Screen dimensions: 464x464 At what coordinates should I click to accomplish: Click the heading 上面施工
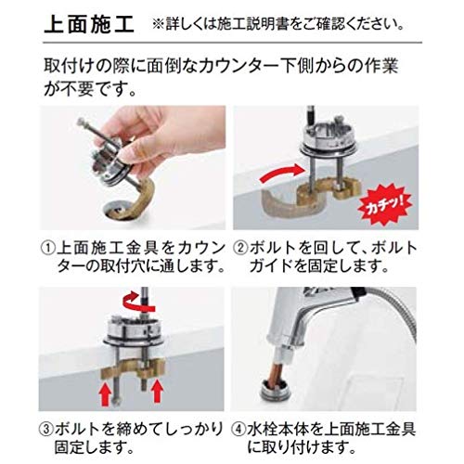tap(89, 25)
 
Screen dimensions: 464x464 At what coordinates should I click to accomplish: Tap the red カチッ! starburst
tap(384, 205)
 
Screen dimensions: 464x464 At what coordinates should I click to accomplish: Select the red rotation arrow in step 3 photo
tap(138, 302)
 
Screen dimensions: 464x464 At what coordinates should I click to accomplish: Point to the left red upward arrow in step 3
tap(105, 393)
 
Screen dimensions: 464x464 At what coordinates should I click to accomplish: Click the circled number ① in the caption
tap(48, 249)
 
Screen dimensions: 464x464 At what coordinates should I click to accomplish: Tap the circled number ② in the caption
tap(240, 249)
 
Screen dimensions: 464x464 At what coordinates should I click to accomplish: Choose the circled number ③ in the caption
tap(46, 430)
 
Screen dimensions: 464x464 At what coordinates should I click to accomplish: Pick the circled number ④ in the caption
tap(238, 430)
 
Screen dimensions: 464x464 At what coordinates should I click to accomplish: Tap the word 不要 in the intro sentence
tap(76, 90)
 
